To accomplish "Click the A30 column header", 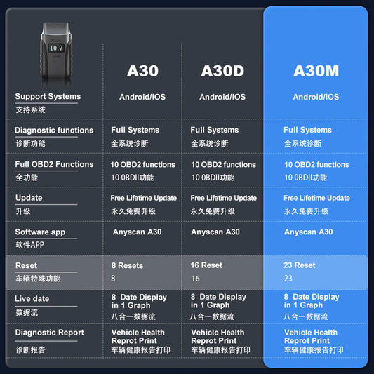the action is click(142, 71).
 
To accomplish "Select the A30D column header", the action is click(222, 71).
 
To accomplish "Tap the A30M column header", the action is click(316, 71).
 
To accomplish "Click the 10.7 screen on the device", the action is click(56, 48).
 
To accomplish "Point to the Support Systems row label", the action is click(48, 96).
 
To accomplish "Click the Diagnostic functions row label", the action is click(54, 131).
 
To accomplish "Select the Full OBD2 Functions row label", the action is click(54, 164).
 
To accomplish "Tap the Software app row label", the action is click(40, 232).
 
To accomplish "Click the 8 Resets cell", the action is click(127, 265).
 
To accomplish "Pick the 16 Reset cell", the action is click(206, 265).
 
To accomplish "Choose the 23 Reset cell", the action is click(300, 265).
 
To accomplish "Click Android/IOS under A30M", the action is click(316, 97).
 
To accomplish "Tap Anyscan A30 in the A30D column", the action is click(215, 232).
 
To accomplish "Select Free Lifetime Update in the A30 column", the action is click(144, 198).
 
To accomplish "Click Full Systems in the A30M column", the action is click(308, 130).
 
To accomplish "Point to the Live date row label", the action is click(32, 299).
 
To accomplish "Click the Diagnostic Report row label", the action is click(50, 333).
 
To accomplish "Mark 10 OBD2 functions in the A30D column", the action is click(224, 165).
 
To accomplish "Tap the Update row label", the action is click(29, 198).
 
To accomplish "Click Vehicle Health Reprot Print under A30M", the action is click(311, 337).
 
